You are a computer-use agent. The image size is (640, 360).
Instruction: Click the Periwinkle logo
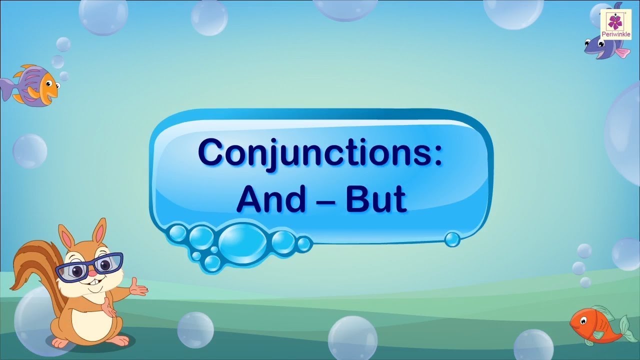618,25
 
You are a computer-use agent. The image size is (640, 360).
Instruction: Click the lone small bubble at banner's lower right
452,239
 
